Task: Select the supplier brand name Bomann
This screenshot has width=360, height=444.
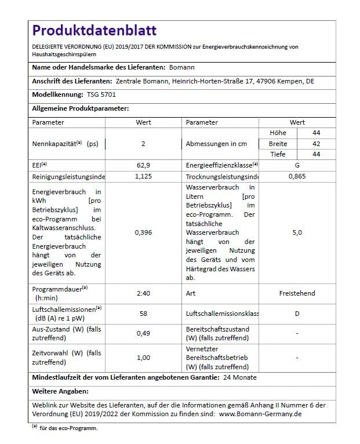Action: coord(181,68)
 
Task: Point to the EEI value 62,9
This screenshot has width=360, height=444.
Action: coord(143,165)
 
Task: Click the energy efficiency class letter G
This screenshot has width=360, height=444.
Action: coord(297,165)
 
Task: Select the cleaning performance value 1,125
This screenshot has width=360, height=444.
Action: coord(143,176)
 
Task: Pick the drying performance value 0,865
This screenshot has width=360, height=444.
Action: coord(297,176)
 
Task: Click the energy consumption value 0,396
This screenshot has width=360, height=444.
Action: coord(143,232)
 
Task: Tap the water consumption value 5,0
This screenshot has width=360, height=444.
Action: coord(297,232)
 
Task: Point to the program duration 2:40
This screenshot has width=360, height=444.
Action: coord(143,293)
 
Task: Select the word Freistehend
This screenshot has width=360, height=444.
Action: coord(297,293)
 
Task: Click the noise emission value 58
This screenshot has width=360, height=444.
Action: coord(143,313)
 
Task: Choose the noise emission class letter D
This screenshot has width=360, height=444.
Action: coord(297,313)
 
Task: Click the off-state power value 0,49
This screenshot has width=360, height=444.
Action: coord(143,333)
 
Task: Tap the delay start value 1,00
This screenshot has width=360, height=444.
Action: coord(143,358)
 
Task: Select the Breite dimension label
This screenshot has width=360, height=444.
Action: coord(278,144)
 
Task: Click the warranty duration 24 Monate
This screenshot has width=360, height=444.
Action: coord(239,377)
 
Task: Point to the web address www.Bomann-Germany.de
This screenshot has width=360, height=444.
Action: coord(260,414)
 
